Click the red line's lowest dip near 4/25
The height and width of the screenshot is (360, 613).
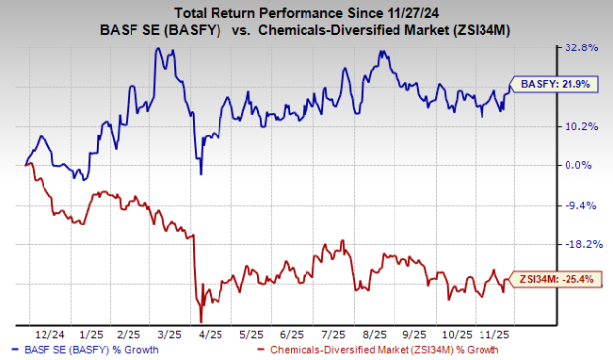pos(201,321)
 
